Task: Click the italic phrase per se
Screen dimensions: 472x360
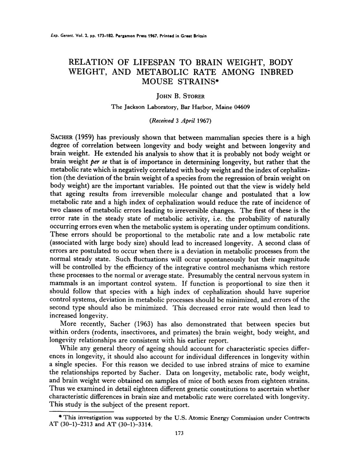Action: [103, 162]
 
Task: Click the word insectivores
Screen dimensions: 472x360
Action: [152, 332]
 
